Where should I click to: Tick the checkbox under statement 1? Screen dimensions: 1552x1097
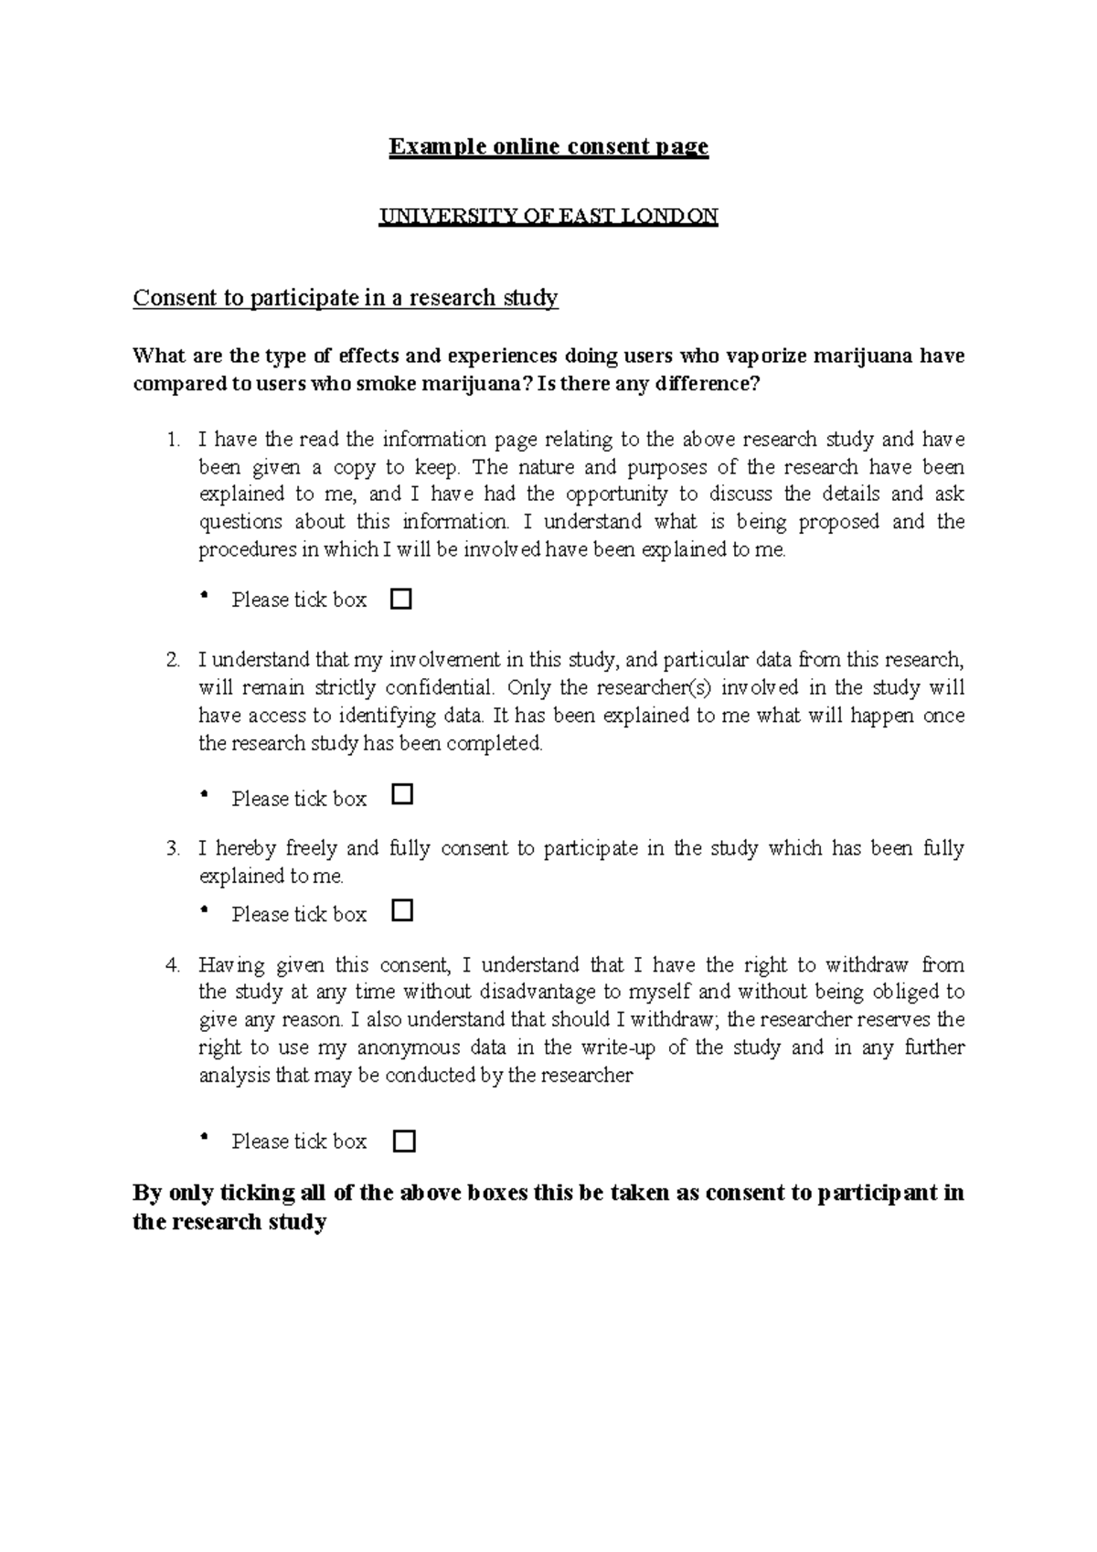click(401, 600)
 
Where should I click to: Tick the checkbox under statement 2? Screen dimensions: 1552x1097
click(401, 795)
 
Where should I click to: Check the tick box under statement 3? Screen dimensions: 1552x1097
click(401, 911)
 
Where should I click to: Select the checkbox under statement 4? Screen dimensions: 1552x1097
click(403, 1141)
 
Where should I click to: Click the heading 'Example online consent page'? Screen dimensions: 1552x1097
click(548, 146)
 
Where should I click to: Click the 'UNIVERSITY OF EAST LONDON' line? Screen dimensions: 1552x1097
click(548, 217)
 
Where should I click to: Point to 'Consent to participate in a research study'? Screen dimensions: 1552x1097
click(345, 298)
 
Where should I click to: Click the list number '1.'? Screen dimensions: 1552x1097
click(174, 440)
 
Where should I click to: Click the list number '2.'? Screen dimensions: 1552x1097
click(174, 660)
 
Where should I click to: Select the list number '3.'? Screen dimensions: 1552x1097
click(174, 848)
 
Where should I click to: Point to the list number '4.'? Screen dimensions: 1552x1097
click(174, 965)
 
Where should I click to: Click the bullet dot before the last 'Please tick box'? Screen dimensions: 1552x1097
click(204, 1139)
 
